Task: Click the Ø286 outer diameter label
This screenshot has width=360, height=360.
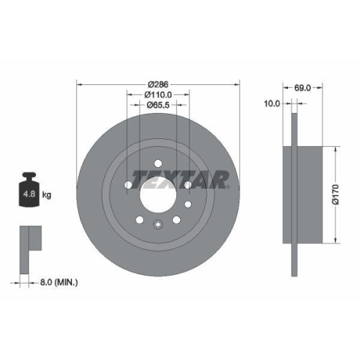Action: (158, 84)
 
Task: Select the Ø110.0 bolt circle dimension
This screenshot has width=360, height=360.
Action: (158, 94)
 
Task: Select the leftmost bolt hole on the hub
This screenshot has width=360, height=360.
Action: (128, 186)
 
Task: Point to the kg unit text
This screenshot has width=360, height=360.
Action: (46, 194)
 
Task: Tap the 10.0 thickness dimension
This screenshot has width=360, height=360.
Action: (272, 103)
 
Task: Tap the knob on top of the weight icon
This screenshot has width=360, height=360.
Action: (30, 176)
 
